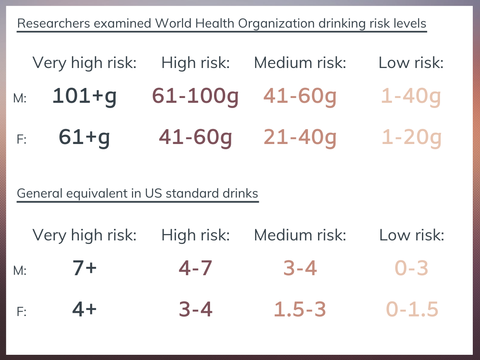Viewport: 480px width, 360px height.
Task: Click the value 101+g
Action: [x=84, y=96]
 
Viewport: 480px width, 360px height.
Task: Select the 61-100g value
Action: [x=195, y=96]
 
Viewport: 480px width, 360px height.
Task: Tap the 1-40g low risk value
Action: [x=411, y=96]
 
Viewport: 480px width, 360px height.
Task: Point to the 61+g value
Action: [x=84, y=137]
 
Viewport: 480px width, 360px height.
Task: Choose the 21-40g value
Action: [x=300, y=137]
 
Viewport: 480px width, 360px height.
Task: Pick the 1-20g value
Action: [x=412, y=137]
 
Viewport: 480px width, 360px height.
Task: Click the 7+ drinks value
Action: [x=84, y=268]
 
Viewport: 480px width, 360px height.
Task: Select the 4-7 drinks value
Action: [x=195, y=268]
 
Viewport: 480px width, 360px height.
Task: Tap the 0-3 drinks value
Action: [x=412, y=268]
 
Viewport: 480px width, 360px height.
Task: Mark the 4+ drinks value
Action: [x=84, y=310]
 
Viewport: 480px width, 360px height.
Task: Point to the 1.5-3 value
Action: [x=300, y=310]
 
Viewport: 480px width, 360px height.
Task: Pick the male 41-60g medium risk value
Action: [x=300, y=96]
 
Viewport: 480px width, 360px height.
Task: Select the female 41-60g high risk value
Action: [x=195, y=137]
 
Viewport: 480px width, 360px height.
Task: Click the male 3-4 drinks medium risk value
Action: [x=300, y=268]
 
